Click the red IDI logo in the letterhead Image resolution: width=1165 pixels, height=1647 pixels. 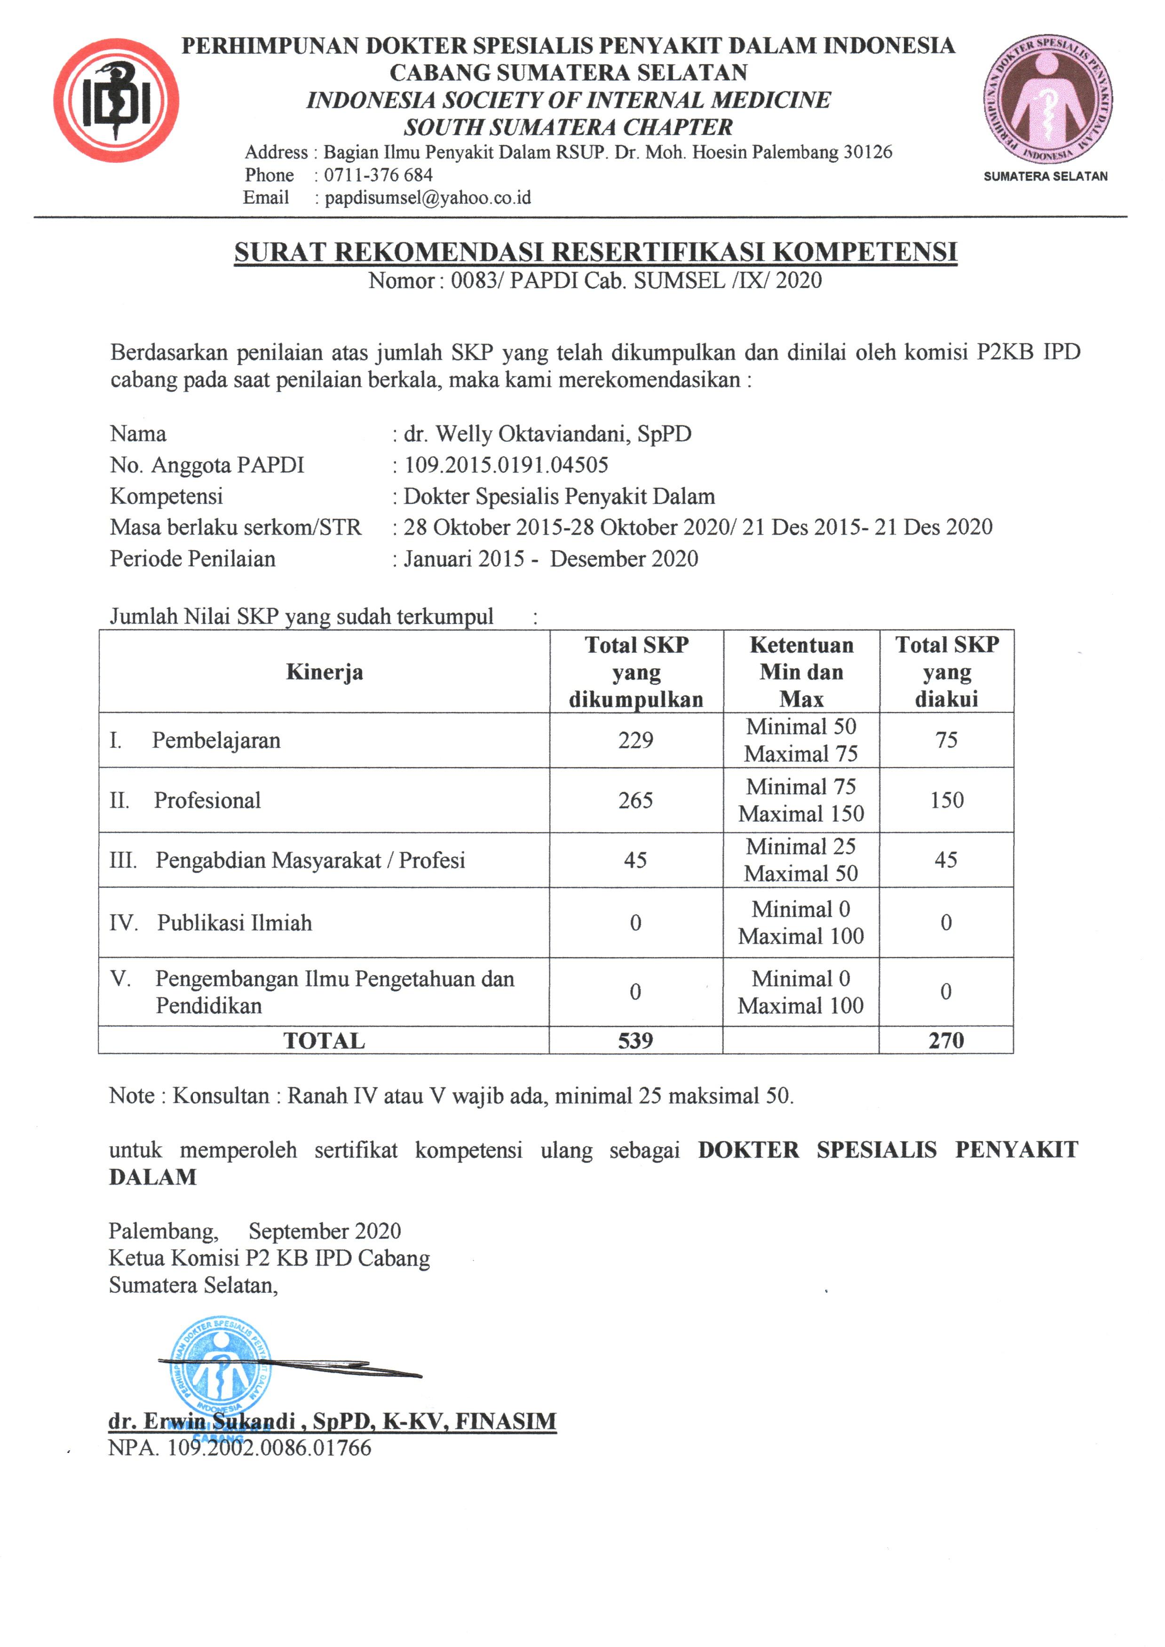[116, 101]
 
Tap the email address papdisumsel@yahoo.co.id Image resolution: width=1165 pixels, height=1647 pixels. [428, 198]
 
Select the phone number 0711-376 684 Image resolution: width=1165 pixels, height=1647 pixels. [378, 175]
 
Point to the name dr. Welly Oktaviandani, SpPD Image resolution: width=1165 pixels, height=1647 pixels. [547, 434]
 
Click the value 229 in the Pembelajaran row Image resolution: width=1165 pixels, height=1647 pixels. [635, 741]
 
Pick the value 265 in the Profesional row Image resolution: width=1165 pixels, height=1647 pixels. [635, 800]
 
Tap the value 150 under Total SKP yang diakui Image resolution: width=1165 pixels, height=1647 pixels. [946, 800]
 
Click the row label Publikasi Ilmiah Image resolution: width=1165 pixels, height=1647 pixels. [235, 923]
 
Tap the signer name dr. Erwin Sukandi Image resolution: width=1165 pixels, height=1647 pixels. [202, 1421]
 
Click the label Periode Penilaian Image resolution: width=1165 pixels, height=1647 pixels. [192, 559]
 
